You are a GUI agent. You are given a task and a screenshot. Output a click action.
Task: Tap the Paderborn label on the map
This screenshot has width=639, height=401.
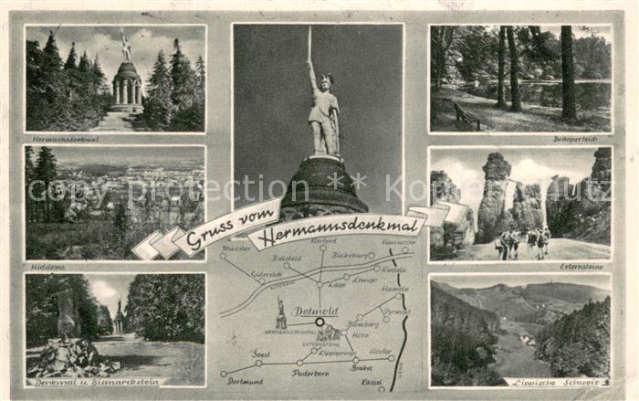coord(310,372)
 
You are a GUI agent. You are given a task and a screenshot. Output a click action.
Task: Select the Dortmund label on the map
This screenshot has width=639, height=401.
coord(245,381)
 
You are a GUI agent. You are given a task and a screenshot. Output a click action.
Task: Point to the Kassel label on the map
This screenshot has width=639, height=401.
coord(372,381)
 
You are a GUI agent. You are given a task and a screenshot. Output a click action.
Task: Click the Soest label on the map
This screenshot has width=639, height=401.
coord(261,354)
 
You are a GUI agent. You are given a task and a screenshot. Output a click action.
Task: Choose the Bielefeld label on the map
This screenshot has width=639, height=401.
coord(286,259)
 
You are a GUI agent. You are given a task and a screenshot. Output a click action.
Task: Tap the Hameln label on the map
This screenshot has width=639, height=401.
coord(394,289)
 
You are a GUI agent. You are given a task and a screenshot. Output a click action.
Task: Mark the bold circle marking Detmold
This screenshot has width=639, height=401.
coord(319,322)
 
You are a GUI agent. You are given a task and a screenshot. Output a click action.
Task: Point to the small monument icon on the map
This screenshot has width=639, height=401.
coord(281,313)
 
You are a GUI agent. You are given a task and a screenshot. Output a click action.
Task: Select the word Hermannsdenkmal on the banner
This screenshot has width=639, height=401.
coord(325,234)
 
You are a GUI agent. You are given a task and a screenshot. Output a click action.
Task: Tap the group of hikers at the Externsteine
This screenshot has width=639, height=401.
coord(523,242)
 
